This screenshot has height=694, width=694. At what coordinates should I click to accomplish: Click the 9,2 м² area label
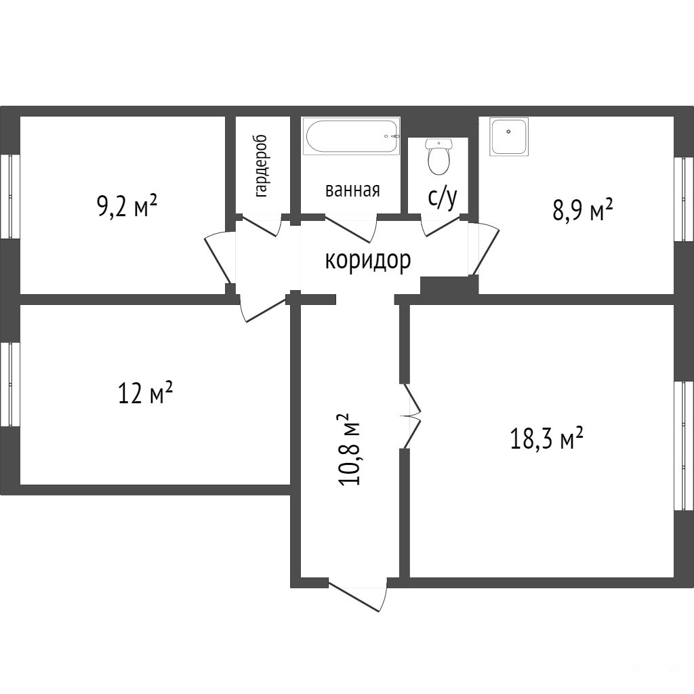point(127,206)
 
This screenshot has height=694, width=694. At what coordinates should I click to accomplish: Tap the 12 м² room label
point(145,392)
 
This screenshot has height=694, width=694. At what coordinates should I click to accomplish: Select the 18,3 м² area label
point(547,438)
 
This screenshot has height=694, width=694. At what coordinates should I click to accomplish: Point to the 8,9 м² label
point(582,210)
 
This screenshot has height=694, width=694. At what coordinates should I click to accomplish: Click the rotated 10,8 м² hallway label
point(350,449)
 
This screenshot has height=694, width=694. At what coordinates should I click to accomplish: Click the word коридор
point(368,260)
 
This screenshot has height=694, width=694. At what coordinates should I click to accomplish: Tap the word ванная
point(352,190)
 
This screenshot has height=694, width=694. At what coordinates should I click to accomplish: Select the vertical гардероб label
point(261,166)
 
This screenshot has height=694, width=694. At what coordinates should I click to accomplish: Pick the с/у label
point(442,198)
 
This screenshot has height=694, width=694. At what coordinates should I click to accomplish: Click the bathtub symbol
point(351,136)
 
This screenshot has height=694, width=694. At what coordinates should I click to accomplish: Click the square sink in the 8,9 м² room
point(509,136)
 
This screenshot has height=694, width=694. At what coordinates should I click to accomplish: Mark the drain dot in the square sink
point(509,132)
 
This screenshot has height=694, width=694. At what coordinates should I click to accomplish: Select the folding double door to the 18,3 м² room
point(411,416)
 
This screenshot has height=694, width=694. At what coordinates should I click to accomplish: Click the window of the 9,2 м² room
point(9,197)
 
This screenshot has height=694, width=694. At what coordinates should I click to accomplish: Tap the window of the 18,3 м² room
point(684,445)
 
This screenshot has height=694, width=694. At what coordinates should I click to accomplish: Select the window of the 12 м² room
point(9,385)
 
